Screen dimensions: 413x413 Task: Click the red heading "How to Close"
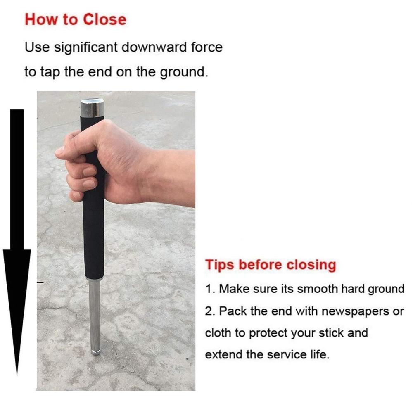pos(75,19)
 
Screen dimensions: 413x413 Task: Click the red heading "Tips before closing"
pos(271,265)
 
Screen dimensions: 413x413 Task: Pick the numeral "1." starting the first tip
pos(210,289)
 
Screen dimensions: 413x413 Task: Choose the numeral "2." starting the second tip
pos(210,311)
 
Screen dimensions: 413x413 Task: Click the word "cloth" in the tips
pos(218,333)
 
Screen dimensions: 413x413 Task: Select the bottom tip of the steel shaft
pos(95,352)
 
